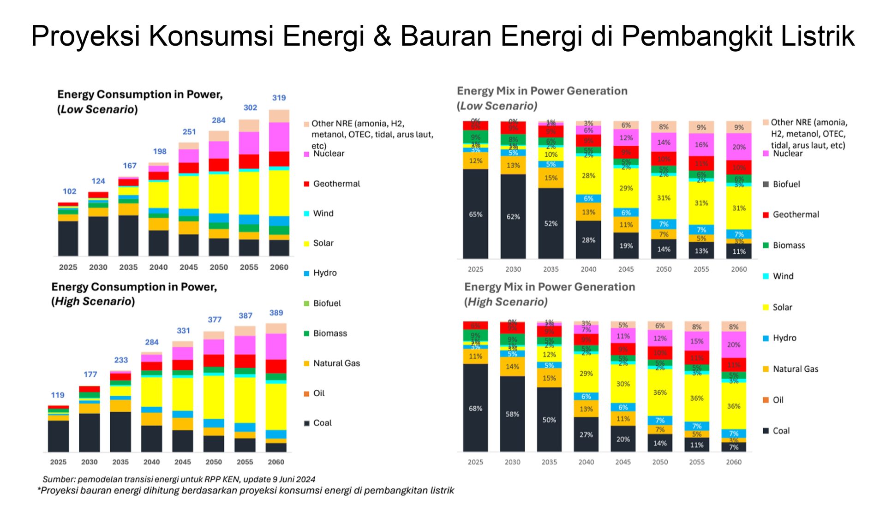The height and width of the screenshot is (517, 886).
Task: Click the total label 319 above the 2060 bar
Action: click(279, 98)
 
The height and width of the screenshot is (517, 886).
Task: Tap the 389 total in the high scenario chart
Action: click(276, 313)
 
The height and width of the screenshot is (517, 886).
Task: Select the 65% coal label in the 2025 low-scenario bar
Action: click(475, 214)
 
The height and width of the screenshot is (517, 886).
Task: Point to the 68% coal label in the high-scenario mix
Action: click(475, 409)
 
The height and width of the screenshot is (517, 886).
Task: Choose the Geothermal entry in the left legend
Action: click(336, 184)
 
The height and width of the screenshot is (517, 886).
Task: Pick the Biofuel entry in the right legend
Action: click(786, 184)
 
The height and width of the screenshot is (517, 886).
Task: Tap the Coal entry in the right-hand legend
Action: click(781, 431)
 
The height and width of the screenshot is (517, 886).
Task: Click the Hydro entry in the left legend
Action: click(324, 273)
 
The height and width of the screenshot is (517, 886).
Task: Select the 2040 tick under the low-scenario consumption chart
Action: click(158, 267)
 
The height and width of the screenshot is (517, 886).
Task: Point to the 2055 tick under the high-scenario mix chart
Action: click(697, 462)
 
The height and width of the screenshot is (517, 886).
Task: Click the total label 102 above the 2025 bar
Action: click(69, 191)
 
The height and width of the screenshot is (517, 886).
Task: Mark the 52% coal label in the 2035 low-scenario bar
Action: click(551, 224)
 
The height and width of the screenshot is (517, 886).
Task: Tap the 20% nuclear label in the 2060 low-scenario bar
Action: click(739, 147)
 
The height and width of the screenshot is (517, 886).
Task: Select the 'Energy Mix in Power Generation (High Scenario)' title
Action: click(549, 294)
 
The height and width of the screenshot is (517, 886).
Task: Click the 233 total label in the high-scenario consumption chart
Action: click(121, 360)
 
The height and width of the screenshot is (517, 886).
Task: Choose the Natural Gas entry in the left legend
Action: click(336, 363)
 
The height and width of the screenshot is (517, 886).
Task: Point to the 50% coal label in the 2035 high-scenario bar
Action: click(549, 420)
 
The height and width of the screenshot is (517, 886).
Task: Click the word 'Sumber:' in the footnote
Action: click(59, 479)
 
